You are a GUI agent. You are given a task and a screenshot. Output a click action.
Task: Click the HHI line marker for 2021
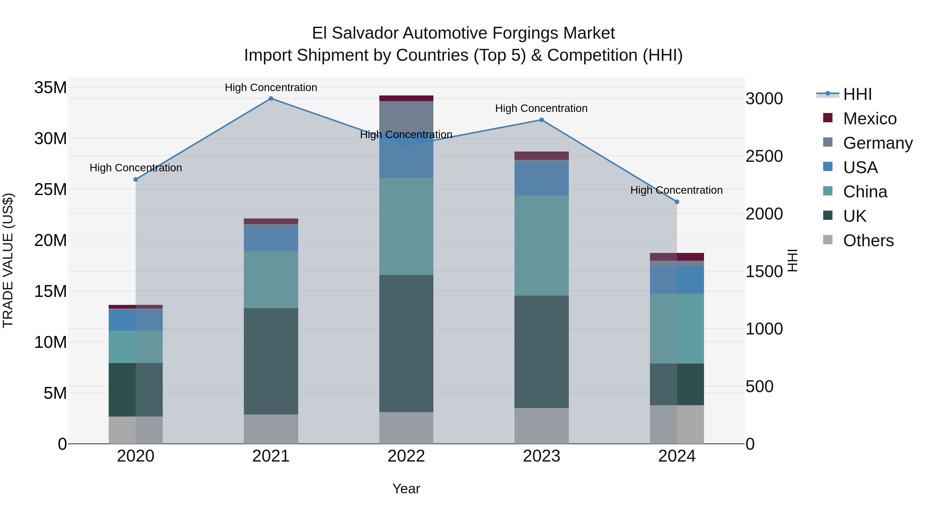pos(271,99)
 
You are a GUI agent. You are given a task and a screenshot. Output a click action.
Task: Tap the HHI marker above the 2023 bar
pos(542,120)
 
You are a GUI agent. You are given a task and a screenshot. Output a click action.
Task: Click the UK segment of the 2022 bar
pos(406,343)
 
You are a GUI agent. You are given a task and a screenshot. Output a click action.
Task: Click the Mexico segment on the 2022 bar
pos(406,99)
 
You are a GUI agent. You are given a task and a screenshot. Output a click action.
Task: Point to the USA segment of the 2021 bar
pos(271,239)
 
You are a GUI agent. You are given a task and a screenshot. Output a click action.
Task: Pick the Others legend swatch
pos(828,240)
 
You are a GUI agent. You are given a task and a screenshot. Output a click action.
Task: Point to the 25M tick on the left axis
pos(50,189)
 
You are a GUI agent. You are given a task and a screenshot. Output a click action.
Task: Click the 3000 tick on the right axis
pos(764,99)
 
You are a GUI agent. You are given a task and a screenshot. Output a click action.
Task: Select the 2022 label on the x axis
pos(406,456)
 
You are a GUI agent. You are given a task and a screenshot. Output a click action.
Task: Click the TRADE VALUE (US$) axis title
pos(8,260)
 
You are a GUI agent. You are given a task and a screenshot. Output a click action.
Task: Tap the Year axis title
pos(406,489)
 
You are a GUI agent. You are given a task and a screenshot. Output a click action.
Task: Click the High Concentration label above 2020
pos(136,168)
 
